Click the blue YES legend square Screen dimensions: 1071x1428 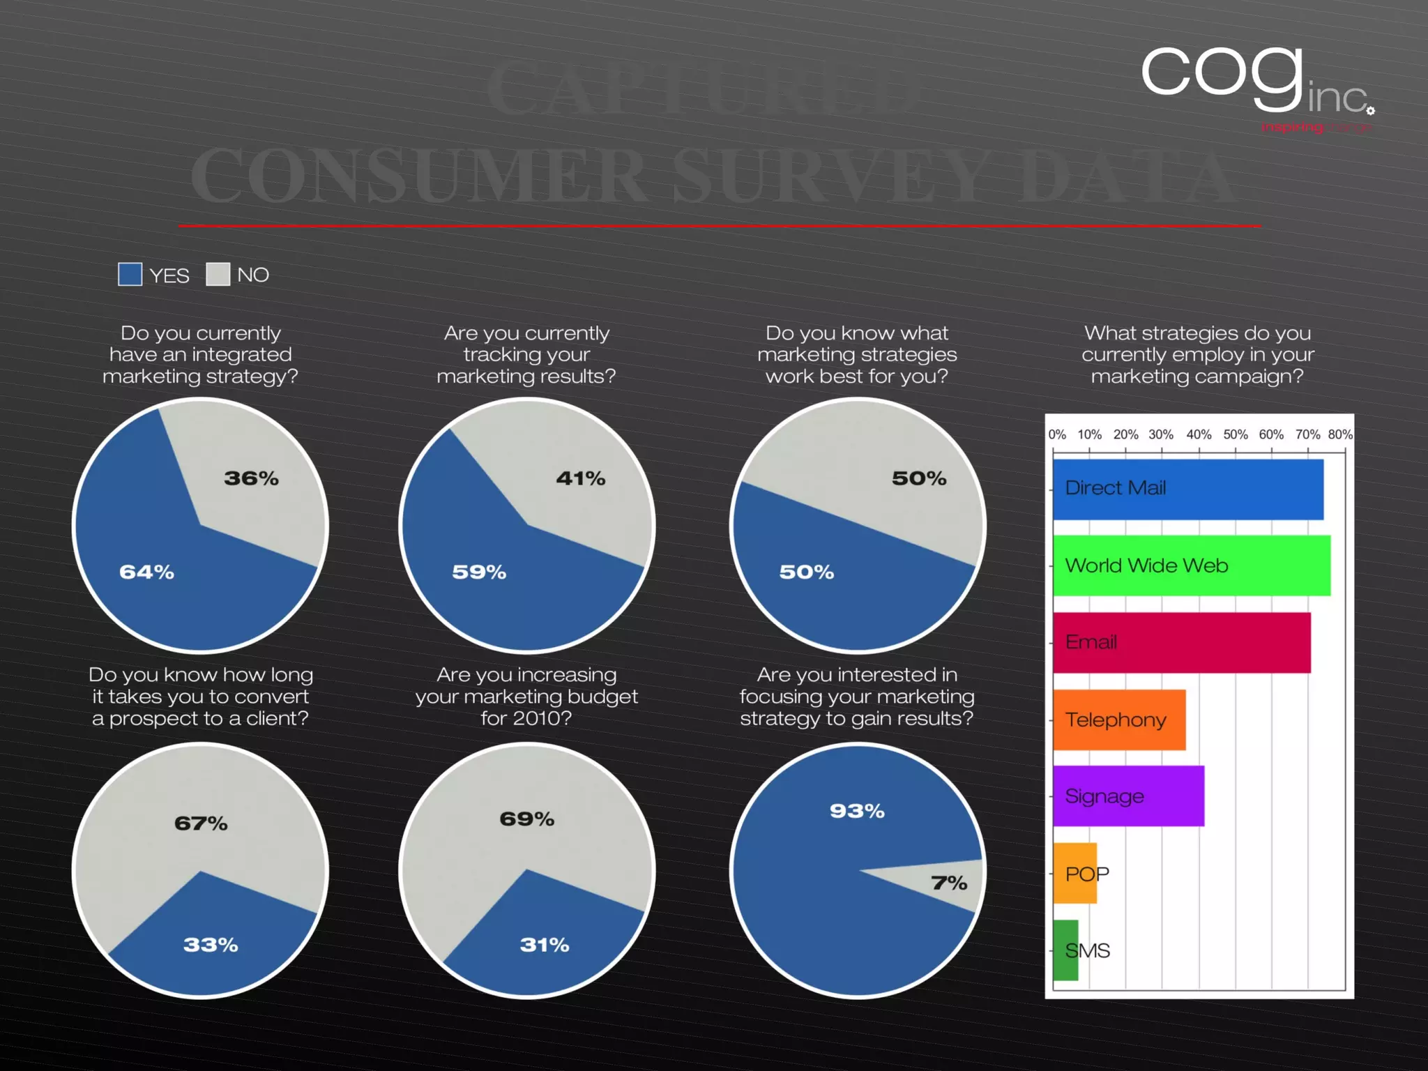(130, 275)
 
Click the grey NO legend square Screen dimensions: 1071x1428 (218, 275)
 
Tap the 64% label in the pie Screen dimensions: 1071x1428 (146, 572)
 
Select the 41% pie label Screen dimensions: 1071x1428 (581, 478)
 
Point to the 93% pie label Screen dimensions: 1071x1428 (857, 811)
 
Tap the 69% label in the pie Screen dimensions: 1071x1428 (527, 819)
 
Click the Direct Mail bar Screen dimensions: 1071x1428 (1187, 489)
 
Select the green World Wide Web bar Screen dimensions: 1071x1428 (1191, 565)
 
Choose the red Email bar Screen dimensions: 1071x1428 (1181, 643)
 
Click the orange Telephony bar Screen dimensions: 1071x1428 (1118, 720)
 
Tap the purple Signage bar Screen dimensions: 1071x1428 (1128, 796)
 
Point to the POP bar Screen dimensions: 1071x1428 (1075, 874)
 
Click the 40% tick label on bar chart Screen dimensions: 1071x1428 (1199, 434)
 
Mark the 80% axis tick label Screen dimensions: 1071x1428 (1340, 434)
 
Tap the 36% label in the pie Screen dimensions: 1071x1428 (251, 478)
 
